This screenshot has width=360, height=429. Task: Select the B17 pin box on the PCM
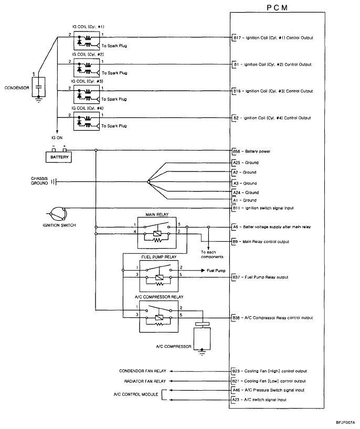pos(236,38)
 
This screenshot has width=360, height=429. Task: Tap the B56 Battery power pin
pos(236,151)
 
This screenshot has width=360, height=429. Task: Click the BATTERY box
pos(58,157)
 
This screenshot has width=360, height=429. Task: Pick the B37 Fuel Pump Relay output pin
pos(236,277)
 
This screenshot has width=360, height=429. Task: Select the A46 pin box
pos(236,390)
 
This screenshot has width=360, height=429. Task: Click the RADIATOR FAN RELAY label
pos(145,381)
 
